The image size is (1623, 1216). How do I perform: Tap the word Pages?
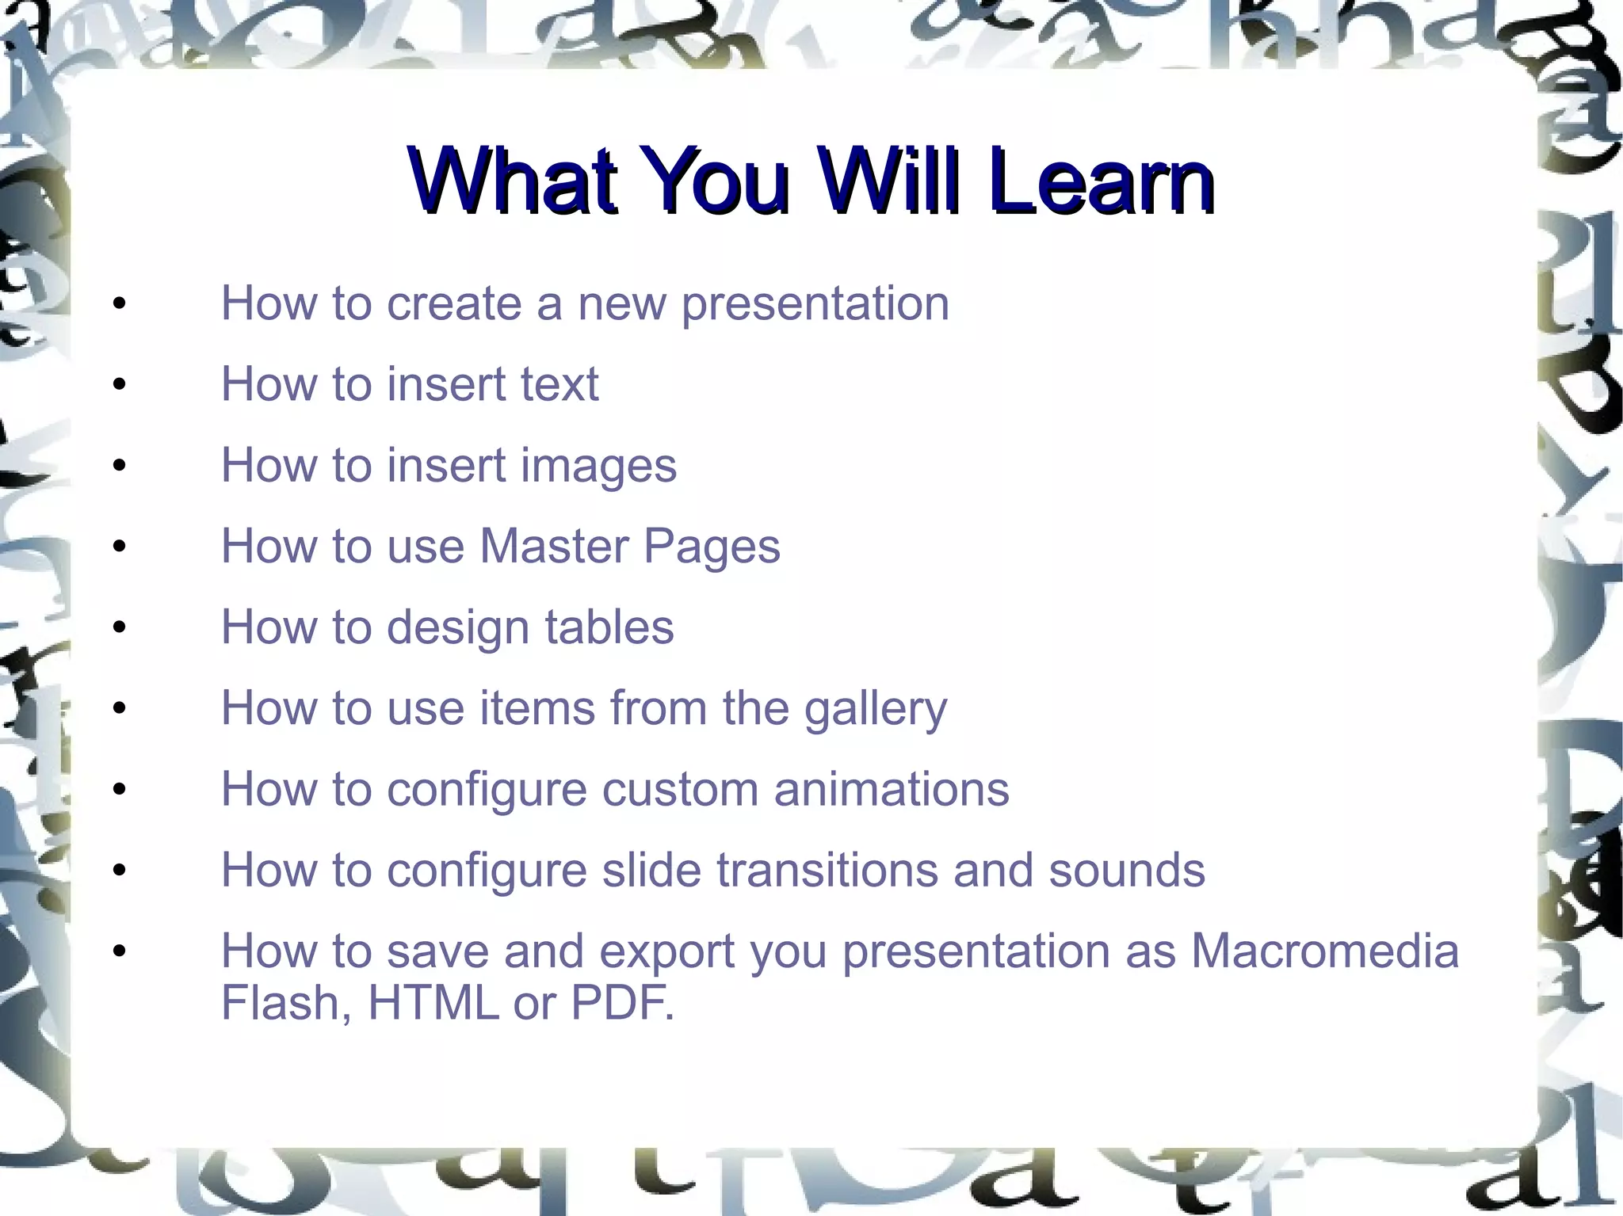click(x=711, y=548)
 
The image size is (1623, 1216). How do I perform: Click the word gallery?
click(x=875, y=709)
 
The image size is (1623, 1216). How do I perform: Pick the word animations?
click(x=891, y=790)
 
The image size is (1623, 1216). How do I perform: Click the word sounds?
click(x=1126, y=871)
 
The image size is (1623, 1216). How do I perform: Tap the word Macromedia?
click(x=1324, y=951)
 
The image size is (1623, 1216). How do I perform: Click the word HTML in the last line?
click(x=433, y=1003)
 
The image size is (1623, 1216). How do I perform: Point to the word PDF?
click(x=621, y=1003)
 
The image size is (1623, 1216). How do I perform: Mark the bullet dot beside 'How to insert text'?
click(x=120, y=385)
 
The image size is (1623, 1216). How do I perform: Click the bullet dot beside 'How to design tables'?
click(x=120, y=627)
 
